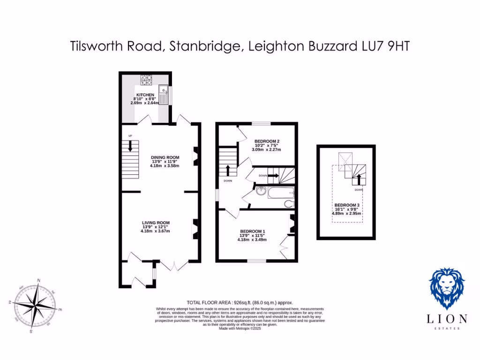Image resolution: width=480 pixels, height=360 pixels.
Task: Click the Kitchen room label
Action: point(145,95)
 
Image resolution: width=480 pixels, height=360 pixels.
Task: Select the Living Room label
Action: point(156,223)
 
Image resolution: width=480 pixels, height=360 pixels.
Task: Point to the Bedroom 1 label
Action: point(253,231)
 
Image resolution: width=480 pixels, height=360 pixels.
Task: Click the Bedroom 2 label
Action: point(267,141)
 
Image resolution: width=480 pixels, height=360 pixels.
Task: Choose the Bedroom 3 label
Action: point(346,205)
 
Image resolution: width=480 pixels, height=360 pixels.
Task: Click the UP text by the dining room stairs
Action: point(130,136)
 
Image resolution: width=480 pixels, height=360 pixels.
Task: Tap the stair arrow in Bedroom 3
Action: point(360,180)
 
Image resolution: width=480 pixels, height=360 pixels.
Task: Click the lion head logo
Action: point(447,288)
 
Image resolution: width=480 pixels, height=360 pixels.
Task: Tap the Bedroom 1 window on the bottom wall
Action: point(256,261)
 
